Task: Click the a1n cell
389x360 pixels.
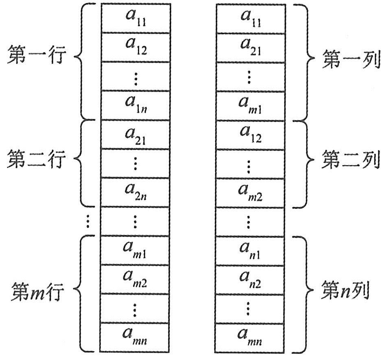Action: click(x=135, y=105)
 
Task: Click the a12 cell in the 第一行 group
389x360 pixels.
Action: click(x=135, y=47)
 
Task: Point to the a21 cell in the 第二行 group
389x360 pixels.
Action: click(x=135, y=134)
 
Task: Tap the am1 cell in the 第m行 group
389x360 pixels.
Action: click(x=135, y=250)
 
